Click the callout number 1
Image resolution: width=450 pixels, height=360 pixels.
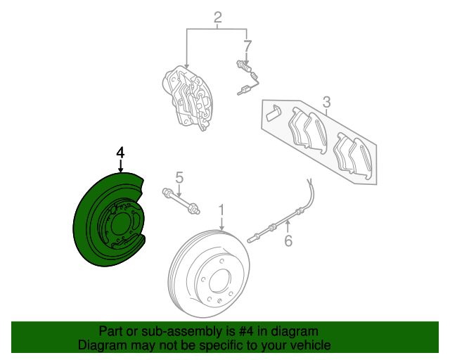tap(221, 210)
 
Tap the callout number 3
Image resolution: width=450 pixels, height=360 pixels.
tap(326, 103)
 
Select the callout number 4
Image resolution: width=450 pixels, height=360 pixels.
tap(120, 152)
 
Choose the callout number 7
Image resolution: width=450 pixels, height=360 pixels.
tap(247, 46)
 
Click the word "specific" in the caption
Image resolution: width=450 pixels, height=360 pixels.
tap(218, 345)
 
